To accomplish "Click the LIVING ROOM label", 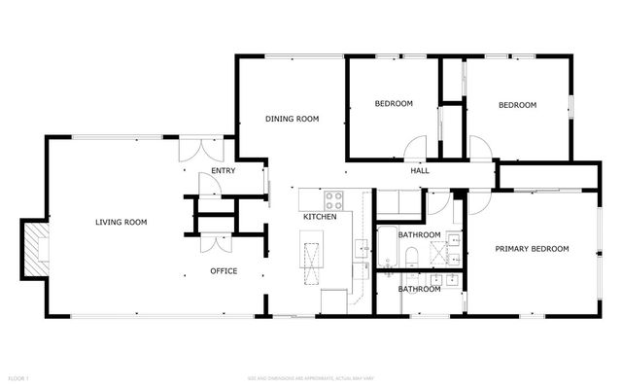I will [x=121, y=223].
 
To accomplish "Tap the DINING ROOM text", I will [x=293, y=119].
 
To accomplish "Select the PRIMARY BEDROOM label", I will [x=532, y=249].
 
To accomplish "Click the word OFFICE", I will [x=224, y=271].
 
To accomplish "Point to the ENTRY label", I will [x=223, y=172].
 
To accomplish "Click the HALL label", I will [x=420, y=171].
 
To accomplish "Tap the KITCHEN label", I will [x=320, y=217].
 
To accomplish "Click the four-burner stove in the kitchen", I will [x=334, y=200].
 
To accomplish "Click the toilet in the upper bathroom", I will [x=412, y=257].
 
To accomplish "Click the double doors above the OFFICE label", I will [x=215, y=243].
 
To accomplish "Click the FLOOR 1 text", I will [x=18, y=376].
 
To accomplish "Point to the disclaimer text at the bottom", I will [x=310, y=376].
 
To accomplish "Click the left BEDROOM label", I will [x=394, y=104].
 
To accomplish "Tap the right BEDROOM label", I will [x=517, y=105].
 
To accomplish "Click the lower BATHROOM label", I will [x=420, y=289].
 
